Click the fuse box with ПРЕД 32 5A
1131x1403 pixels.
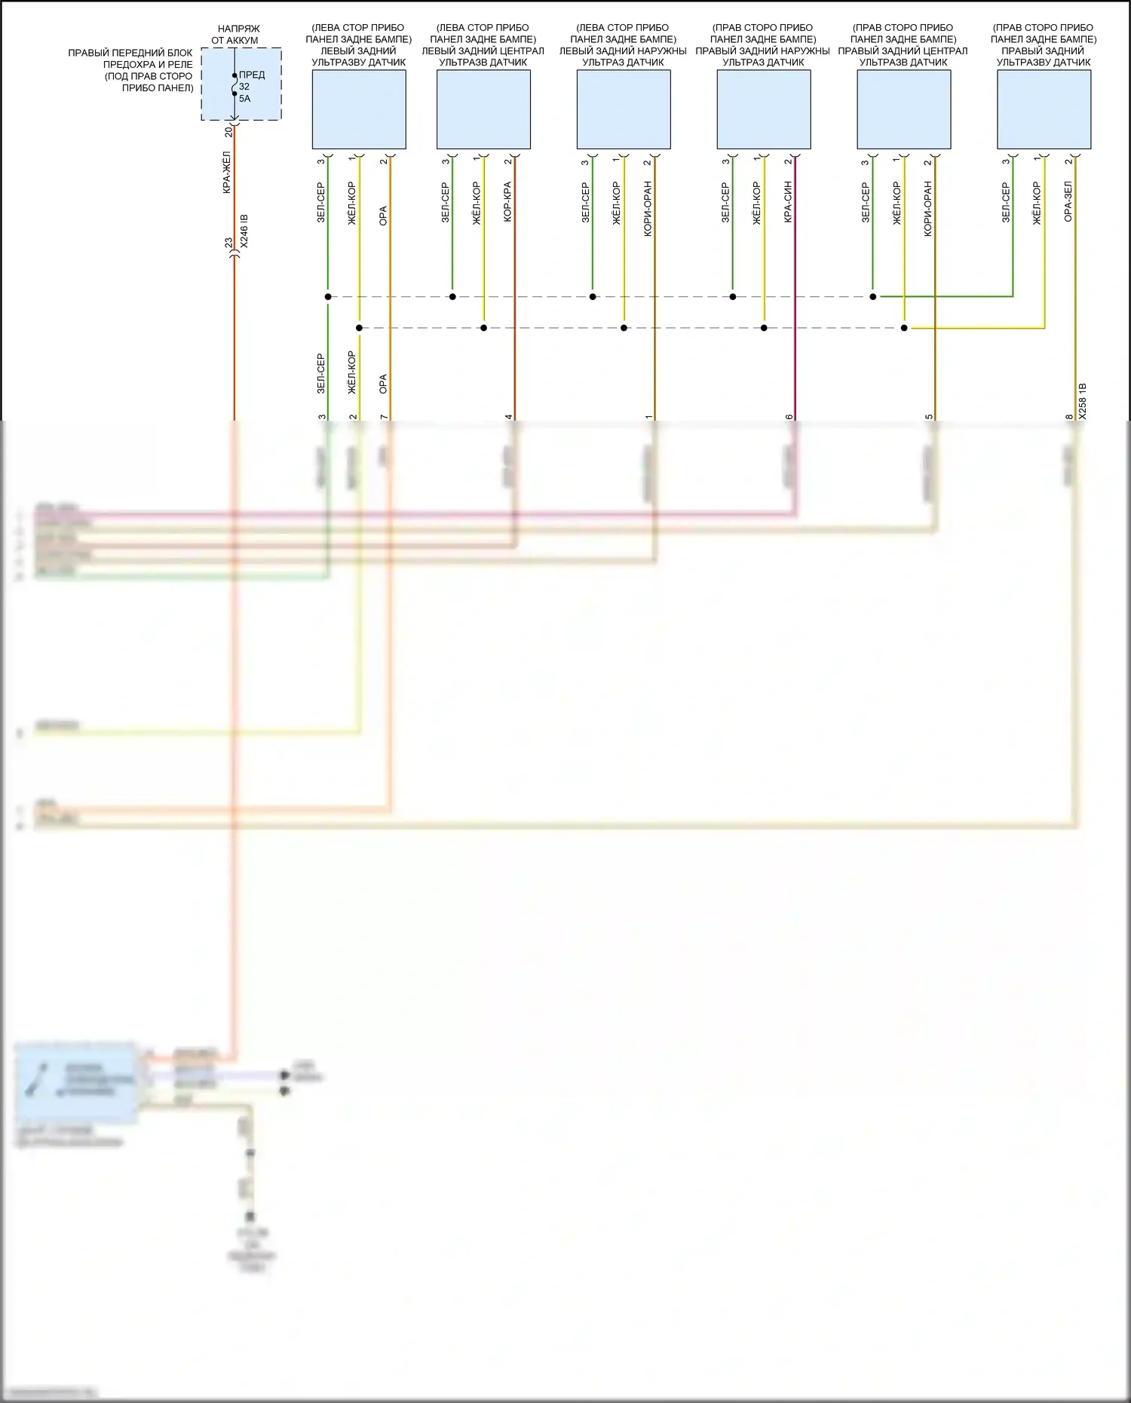coord(241,84)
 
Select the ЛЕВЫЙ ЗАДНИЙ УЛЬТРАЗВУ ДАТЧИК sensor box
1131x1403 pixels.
coord(359,109)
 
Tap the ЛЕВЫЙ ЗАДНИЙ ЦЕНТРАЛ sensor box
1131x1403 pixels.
coord(483,109)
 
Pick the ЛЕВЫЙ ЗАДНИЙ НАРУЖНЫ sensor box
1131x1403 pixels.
coord(624,109)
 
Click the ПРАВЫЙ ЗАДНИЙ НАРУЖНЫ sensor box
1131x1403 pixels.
coord(764,109)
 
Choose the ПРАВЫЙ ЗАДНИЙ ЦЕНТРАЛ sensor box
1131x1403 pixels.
coord(903,109)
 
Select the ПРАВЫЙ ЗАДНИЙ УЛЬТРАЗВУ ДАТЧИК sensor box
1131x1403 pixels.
coord(1044,109)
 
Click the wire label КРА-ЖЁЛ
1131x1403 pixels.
coord(227,173)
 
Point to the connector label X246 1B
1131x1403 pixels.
coord(244,231)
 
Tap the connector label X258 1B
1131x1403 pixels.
coord(1083,400)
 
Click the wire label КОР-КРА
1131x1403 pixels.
coord(507,201)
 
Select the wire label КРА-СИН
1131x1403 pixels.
coord(788,201)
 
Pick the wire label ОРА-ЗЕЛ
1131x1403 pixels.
coord(1068,201)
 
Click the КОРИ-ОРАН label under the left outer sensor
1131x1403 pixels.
coord(648,209)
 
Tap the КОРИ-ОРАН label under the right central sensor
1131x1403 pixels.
coord(927,209)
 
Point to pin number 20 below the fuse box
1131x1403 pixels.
coord(228,131)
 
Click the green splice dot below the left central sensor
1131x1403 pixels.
coord(452,296)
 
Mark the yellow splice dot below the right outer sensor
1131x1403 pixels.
coord(764,328)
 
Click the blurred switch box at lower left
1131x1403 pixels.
coord(76,1083)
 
